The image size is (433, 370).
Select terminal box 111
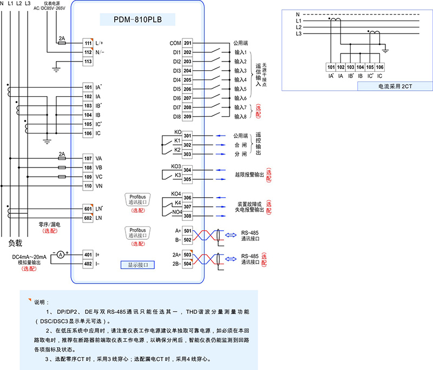pos(88,43)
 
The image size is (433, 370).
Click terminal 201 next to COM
pos(187,43)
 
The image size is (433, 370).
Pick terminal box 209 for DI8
pos(187,116)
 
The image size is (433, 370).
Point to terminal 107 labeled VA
pos(88,158)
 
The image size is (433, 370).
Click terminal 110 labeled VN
pos(88,186)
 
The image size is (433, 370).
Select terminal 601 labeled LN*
pos(88,208)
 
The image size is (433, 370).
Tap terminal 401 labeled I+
pos(88,254)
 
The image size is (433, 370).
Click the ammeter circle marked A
pos(61,253)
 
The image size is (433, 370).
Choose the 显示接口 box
pos(138,265)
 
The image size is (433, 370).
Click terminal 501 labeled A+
pos(187,231)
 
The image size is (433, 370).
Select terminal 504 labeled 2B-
pos(187,264)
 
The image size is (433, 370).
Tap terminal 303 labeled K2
pos(187,154)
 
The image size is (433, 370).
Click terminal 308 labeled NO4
pos(187,216)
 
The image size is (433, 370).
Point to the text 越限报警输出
pos(250,174)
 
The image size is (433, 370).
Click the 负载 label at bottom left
pos(16,243)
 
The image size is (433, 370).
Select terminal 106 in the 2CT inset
pos(380,67)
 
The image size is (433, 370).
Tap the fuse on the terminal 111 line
pos(62,43)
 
